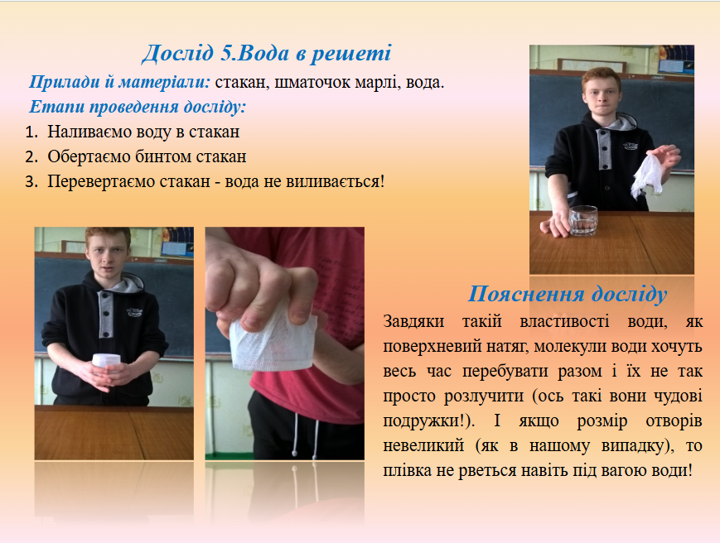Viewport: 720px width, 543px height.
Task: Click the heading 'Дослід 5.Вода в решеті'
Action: (266, 54)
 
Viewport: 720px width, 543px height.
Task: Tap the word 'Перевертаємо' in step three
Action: (97, 180)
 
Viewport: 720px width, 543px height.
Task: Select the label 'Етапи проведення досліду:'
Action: (138, 108)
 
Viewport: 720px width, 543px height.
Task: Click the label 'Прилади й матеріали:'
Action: (120, 84)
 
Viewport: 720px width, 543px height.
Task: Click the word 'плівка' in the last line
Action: (406, 470)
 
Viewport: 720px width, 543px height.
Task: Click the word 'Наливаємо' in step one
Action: (86, 132)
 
